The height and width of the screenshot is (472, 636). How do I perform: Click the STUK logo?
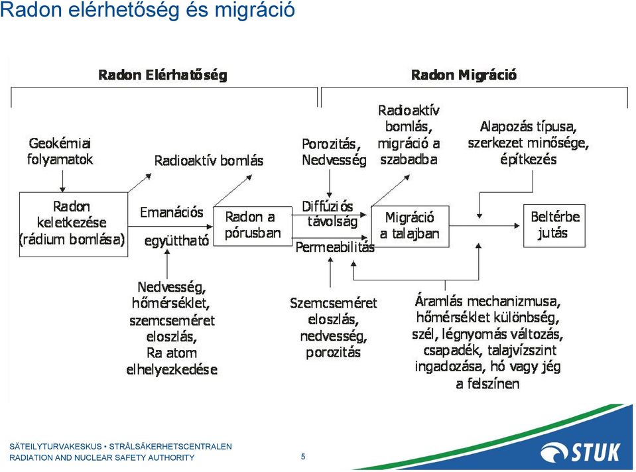point(580,452)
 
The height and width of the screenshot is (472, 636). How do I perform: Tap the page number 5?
point(303,457)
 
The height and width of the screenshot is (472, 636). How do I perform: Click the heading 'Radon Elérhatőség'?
point(162,75)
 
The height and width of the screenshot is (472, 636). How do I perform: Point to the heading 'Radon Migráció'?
point(464,75)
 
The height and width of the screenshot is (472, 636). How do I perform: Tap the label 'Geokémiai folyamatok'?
point(60,151)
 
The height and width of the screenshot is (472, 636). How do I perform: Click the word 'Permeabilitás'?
point(335,247)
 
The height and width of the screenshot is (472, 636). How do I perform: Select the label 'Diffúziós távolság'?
point(328,214)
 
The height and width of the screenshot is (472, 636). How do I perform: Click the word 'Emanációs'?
point(172,212)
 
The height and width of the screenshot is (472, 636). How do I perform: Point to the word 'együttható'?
point(176,241)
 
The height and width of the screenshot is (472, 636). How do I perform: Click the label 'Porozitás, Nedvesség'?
point(334,152)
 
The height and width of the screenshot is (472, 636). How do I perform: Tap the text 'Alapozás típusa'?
point(529,127)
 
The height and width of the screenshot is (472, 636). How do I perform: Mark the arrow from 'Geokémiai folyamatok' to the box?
point(62,181)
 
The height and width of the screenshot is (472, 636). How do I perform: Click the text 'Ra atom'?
point(172,353)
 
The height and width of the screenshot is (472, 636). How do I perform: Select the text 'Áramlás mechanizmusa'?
point(487,301)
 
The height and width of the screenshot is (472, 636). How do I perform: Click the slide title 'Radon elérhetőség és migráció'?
point(147,9)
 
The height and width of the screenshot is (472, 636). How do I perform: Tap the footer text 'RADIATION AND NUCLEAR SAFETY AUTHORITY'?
point(102,458)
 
